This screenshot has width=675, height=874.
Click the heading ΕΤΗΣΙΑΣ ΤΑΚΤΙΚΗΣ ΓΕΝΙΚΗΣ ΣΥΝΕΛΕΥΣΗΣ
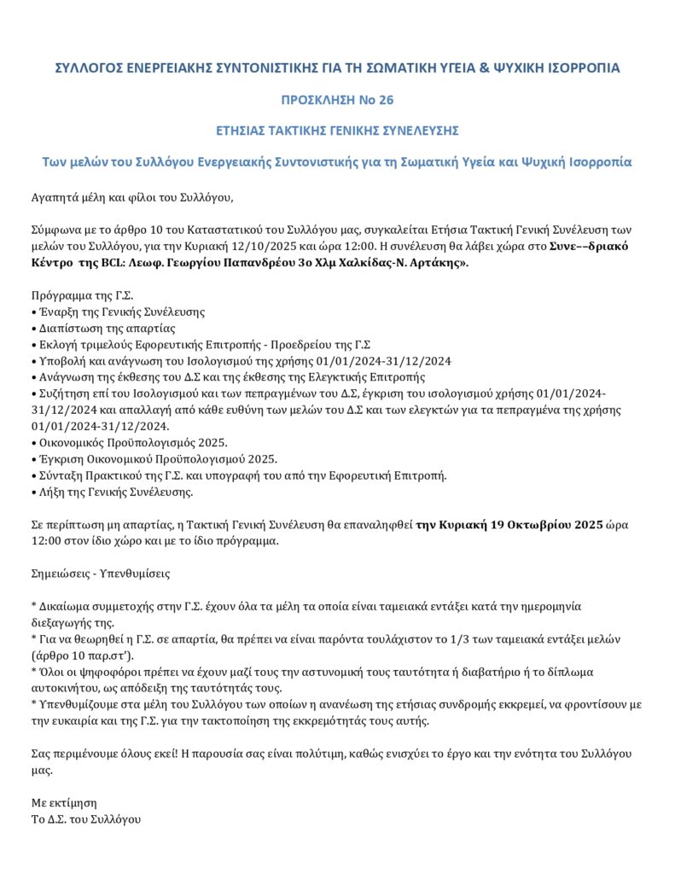337,131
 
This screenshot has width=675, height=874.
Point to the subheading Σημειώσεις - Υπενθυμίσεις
100,574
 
